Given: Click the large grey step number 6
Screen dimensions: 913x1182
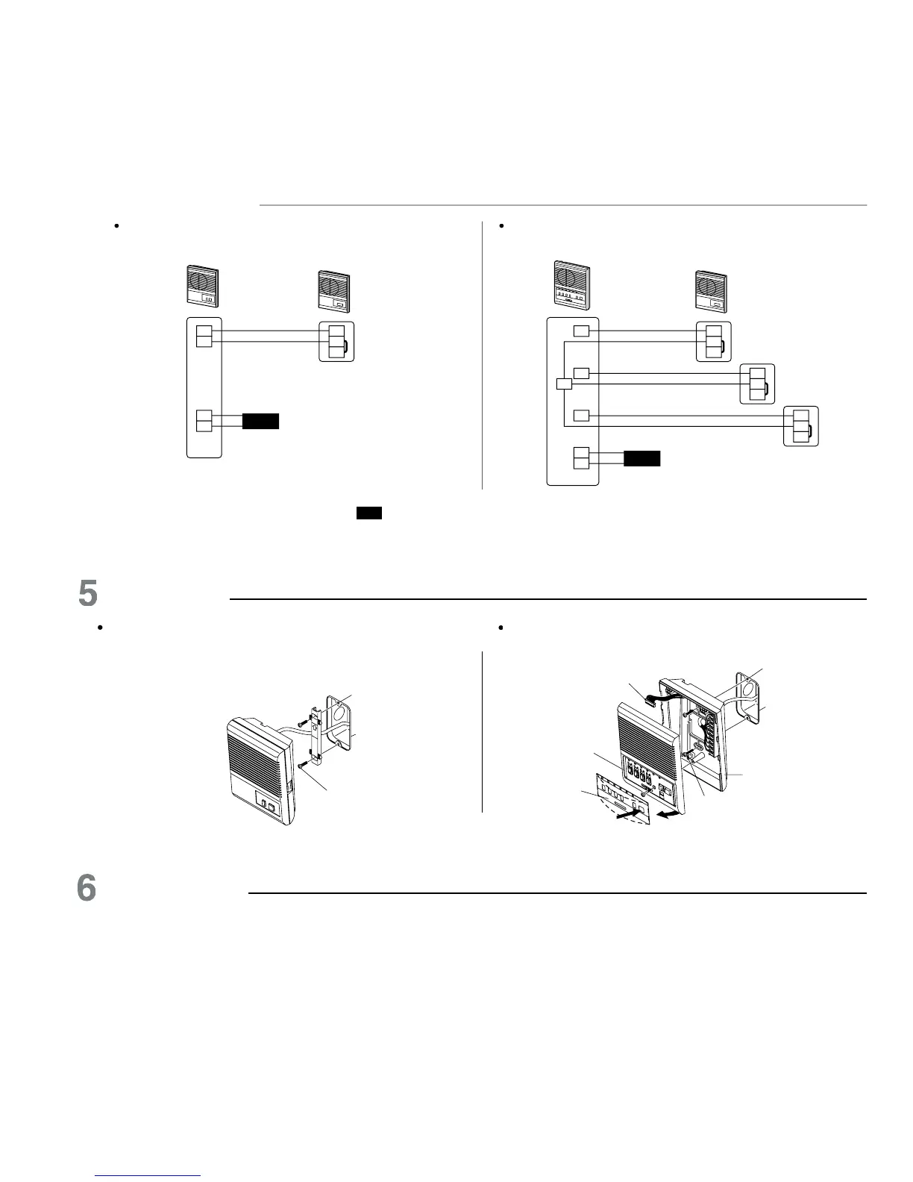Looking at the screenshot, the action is pos(88,888).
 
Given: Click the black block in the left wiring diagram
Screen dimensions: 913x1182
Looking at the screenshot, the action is pos(260,421).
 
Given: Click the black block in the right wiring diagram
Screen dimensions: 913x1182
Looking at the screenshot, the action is pos(641,458).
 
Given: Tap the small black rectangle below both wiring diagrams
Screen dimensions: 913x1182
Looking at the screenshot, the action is pos(369,513).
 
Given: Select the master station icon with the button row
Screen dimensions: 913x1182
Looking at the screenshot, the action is pos(571,284).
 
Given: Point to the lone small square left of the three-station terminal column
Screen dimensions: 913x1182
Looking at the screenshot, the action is pos(564,384).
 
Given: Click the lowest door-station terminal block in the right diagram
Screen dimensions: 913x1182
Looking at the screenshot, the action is pos(801,426).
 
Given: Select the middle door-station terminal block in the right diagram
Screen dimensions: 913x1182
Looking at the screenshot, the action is pos(757,384).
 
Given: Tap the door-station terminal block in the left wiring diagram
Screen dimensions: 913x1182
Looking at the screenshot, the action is pos(336,341).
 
